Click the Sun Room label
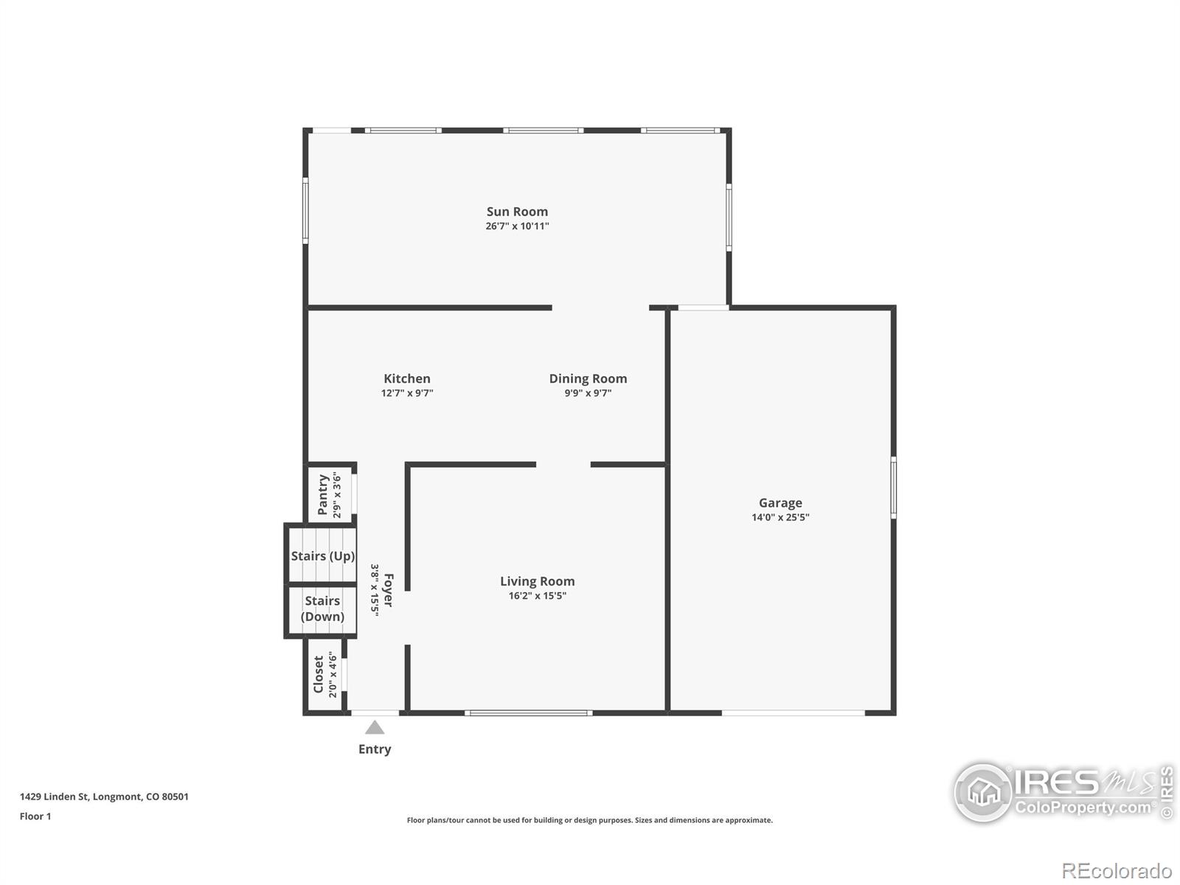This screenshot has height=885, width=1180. tap(517, 212)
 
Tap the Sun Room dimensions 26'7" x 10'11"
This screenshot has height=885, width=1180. tap(517, 226)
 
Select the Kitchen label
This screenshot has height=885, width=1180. tap(407, 379)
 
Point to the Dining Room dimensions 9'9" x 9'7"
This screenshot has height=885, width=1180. tap(588, 393)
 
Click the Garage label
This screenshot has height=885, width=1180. tap(780, 504)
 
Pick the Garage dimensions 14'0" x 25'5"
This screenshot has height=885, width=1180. tap(780, 518)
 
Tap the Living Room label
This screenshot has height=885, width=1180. tap(537, 581)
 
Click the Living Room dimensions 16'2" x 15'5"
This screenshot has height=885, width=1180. tap(537, 595)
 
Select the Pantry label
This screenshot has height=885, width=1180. tap(322, 494)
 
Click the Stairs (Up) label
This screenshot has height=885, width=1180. tap(322, 556)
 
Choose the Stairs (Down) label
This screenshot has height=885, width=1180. tap(322, 609)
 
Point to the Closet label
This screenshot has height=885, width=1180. tap(319, 674)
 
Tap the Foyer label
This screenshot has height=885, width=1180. tap(388, 590)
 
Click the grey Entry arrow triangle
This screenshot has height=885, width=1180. tap(375, 728)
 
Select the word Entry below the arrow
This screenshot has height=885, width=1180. tap(375, 749)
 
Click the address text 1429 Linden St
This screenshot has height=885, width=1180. tap(54, 797)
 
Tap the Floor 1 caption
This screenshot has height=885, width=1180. tap(35, 816)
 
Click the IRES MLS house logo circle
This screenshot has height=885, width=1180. tap(983, 792)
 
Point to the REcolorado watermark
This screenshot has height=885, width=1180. tap(1117, 870)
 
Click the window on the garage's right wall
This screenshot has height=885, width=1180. tap(893, 488)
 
